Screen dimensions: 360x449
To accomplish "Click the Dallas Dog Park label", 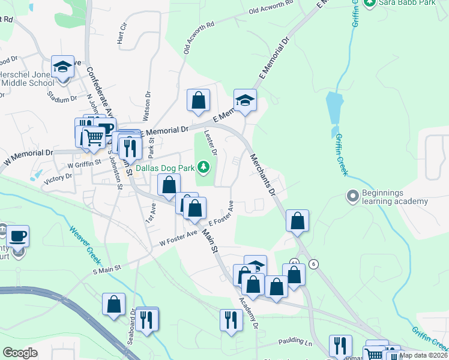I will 167,168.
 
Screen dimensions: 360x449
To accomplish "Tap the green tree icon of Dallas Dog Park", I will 204,167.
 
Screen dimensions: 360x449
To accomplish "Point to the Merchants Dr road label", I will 262,175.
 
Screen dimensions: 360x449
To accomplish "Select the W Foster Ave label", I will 178,241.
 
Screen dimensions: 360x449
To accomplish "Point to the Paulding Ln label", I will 297,343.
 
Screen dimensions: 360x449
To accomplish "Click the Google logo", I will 20,353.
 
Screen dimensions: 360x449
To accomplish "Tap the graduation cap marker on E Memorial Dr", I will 245,101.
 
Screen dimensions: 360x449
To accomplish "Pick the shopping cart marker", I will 94,138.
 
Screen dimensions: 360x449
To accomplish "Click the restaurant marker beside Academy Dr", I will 230,320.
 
